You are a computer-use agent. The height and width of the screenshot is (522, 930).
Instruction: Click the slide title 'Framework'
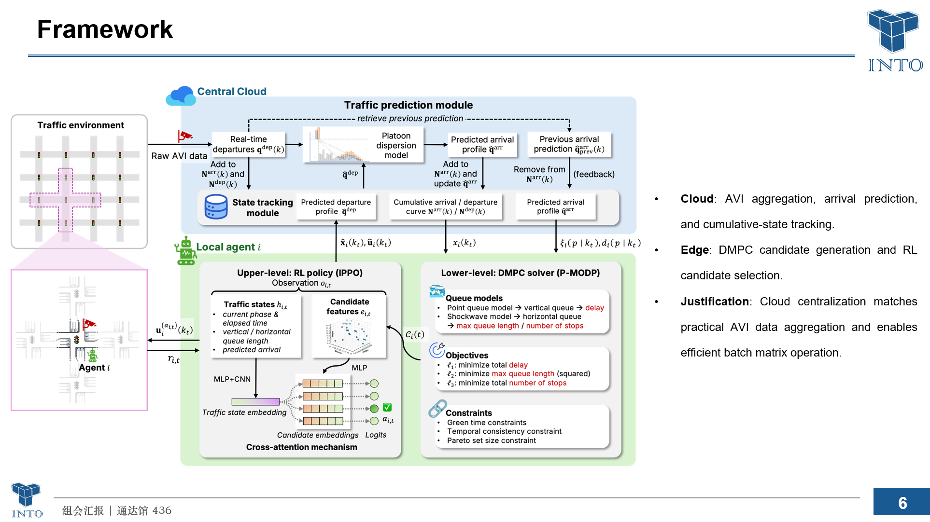[x=105, y=29]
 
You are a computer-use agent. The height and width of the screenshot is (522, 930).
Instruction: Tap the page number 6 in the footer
[x=902, y=503]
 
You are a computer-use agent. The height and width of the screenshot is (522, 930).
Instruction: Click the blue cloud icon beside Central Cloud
[x=181, y=96]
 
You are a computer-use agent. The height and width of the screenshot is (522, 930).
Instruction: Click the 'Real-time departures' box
[x=249, y=144]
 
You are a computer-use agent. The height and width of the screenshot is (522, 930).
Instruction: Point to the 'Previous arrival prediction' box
[x=569, y=144]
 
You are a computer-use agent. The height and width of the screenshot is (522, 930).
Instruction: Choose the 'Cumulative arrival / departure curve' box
[x=445, y=206]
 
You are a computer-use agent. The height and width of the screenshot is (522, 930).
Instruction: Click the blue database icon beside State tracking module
[x=216, y=207]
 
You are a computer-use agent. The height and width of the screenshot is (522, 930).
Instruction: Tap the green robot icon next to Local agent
[x=186, y=251]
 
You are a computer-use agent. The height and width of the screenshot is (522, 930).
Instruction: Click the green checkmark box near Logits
[x=387, y=407]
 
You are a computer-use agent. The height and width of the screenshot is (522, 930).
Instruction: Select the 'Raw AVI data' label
[x=179, y=156]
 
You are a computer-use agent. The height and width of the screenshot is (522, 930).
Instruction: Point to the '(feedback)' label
[x=594, y=174]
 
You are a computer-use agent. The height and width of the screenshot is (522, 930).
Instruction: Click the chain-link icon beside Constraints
[x=437, y=409]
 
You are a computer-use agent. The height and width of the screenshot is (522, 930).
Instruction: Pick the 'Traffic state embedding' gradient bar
[x=255, y=401]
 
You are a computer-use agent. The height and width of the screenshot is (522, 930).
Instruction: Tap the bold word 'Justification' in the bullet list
[x=715, y=302]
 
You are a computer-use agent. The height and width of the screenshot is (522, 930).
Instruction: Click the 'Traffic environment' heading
[x=81, y=125]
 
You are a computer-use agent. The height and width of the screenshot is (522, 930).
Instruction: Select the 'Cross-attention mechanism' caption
[x=302, y=447]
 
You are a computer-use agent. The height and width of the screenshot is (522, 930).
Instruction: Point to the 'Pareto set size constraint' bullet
[x=491, y=440]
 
